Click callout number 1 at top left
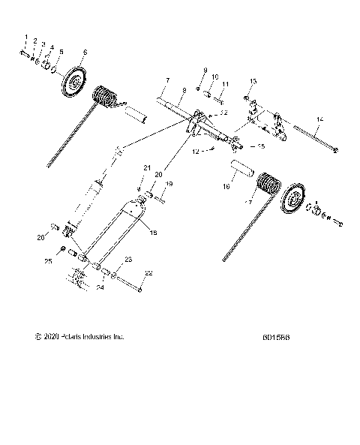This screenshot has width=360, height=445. pos(25,38)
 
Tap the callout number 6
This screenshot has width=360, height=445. pos(84,52)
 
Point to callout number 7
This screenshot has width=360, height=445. pos(169,80)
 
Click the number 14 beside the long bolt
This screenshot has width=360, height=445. pos(319,119)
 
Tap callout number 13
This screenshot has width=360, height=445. pos(252,80)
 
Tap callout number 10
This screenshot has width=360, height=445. pos(214,77)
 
